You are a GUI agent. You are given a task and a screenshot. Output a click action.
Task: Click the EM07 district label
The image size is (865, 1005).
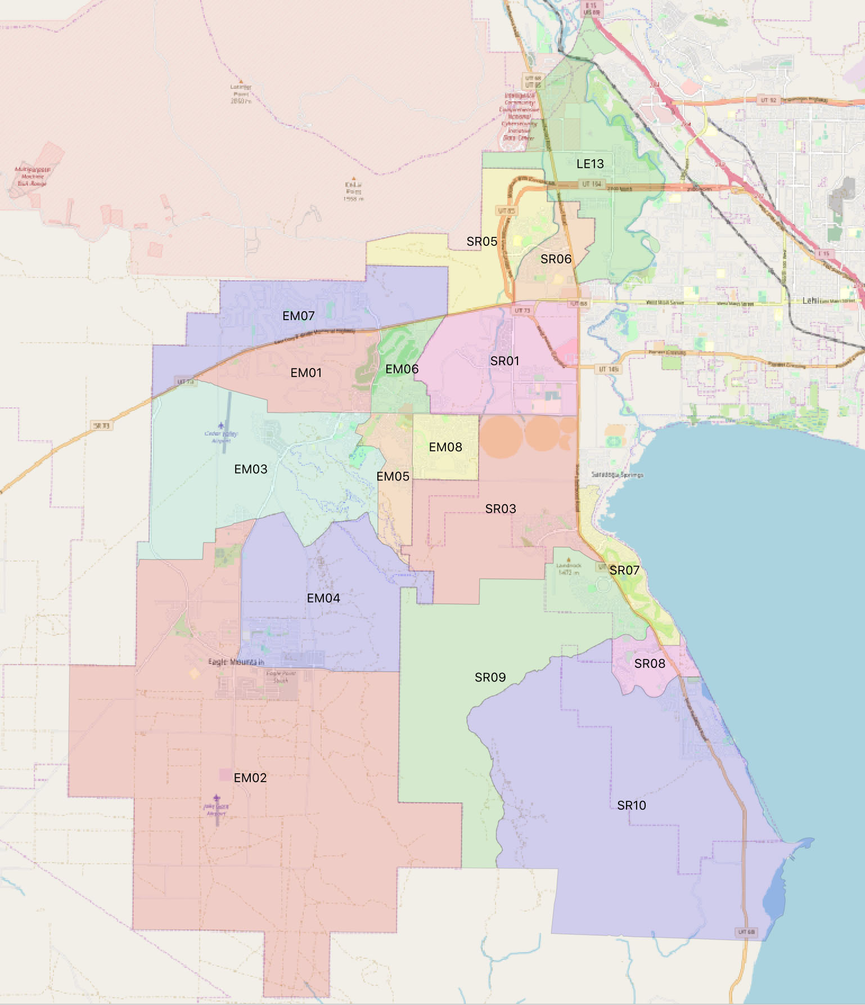298,316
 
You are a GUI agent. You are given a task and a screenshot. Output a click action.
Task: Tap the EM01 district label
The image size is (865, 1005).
306,373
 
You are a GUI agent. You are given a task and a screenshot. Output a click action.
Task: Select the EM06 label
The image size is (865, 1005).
402,369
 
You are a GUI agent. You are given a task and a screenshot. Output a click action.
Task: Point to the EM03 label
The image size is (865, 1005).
250,469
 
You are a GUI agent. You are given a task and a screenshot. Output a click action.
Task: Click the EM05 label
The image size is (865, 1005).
393,477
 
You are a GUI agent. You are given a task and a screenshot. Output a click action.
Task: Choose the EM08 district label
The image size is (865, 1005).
445,447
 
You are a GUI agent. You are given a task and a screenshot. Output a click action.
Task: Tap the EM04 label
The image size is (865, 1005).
323,598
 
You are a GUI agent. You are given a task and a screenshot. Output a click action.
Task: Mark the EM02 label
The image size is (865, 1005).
250,778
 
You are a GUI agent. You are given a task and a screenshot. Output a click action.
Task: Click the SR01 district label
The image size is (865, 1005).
504,361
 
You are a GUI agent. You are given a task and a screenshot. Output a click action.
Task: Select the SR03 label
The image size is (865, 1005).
500,509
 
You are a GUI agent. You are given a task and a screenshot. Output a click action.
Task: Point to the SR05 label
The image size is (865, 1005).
481,242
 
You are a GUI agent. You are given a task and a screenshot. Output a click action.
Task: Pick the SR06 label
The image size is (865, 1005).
556,259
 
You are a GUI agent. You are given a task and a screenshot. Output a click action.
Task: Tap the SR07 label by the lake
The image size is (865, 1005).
624,571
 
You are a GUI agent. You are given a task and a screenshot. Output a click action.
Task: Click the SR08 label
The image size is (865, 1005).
650,664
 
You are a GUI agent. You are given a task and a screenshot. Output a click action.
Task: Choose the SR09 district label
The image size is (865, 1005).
490,678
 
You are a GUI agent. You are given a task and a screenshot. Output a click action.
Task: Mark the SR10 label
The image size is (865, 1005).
631,806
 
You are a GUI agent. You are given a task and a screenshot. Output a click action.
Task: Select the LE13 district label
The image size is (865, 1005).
590,164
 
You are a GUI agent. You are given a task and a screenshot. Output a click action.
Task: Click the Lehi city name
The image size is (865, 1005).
810,300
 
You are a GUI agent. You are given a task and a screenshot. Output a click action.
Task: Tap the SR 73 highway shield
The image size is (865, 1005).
102,426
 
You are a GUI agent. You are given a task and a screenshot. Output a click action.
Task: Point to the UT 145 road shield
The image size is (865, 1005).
609,369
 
